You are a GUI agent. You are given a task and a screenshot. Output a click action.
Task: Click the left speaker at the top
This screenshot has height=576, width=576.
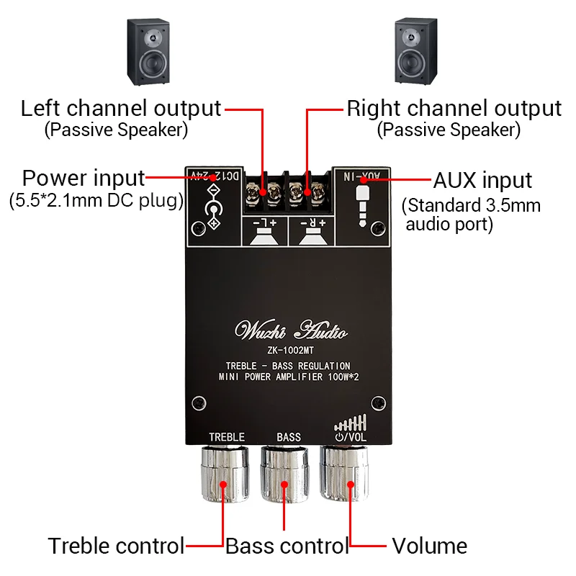(149, 53)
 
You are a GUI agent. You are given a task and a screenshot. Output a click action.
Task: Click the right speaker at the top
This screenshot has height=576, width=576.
(417, 53)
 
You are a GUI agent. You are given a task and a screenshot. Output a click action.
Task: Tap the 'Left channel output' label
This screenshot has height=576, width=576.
(120, 109)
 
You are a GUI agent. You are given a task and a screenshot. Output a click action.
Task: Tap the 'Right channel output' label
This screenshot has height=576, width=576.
(454, 109)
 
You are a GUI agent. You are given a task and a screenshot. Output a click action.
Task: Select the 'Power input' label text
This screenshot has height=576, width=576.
(84, 178)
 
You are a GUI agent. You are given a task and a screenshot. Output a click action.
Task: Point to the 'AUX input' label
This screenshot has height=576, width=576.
(482, 180)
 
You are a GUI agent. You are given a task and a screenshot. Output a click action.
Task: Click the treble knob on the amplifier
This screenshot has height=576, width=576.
(226, 476)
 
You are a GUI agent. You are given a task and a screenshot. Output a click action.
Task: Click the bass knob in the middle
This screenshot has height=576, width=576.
(287, 476)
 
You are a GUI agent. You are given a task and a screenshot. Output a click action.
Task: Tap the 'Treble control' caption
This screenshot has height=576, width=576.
(116, 546)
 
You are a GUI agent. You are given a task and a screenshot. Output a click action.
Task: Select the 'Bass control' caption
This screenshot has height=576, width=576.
(287, 546)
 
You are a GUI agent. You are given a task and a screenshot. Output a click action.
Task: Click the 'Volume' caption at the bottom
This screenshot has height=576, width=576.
(429, 546)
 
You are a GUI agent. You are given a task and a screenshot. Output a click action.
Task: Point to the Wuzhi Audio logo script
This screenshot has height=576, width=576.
(292, 331)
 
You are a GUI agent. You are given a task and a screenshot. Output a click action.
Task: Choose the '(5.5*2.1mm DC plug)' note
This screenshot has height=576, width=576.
(96, 201)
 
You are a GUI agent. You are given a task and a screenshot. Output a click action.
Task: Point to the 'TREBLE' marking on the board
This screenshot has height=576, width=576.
(227, 437)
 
